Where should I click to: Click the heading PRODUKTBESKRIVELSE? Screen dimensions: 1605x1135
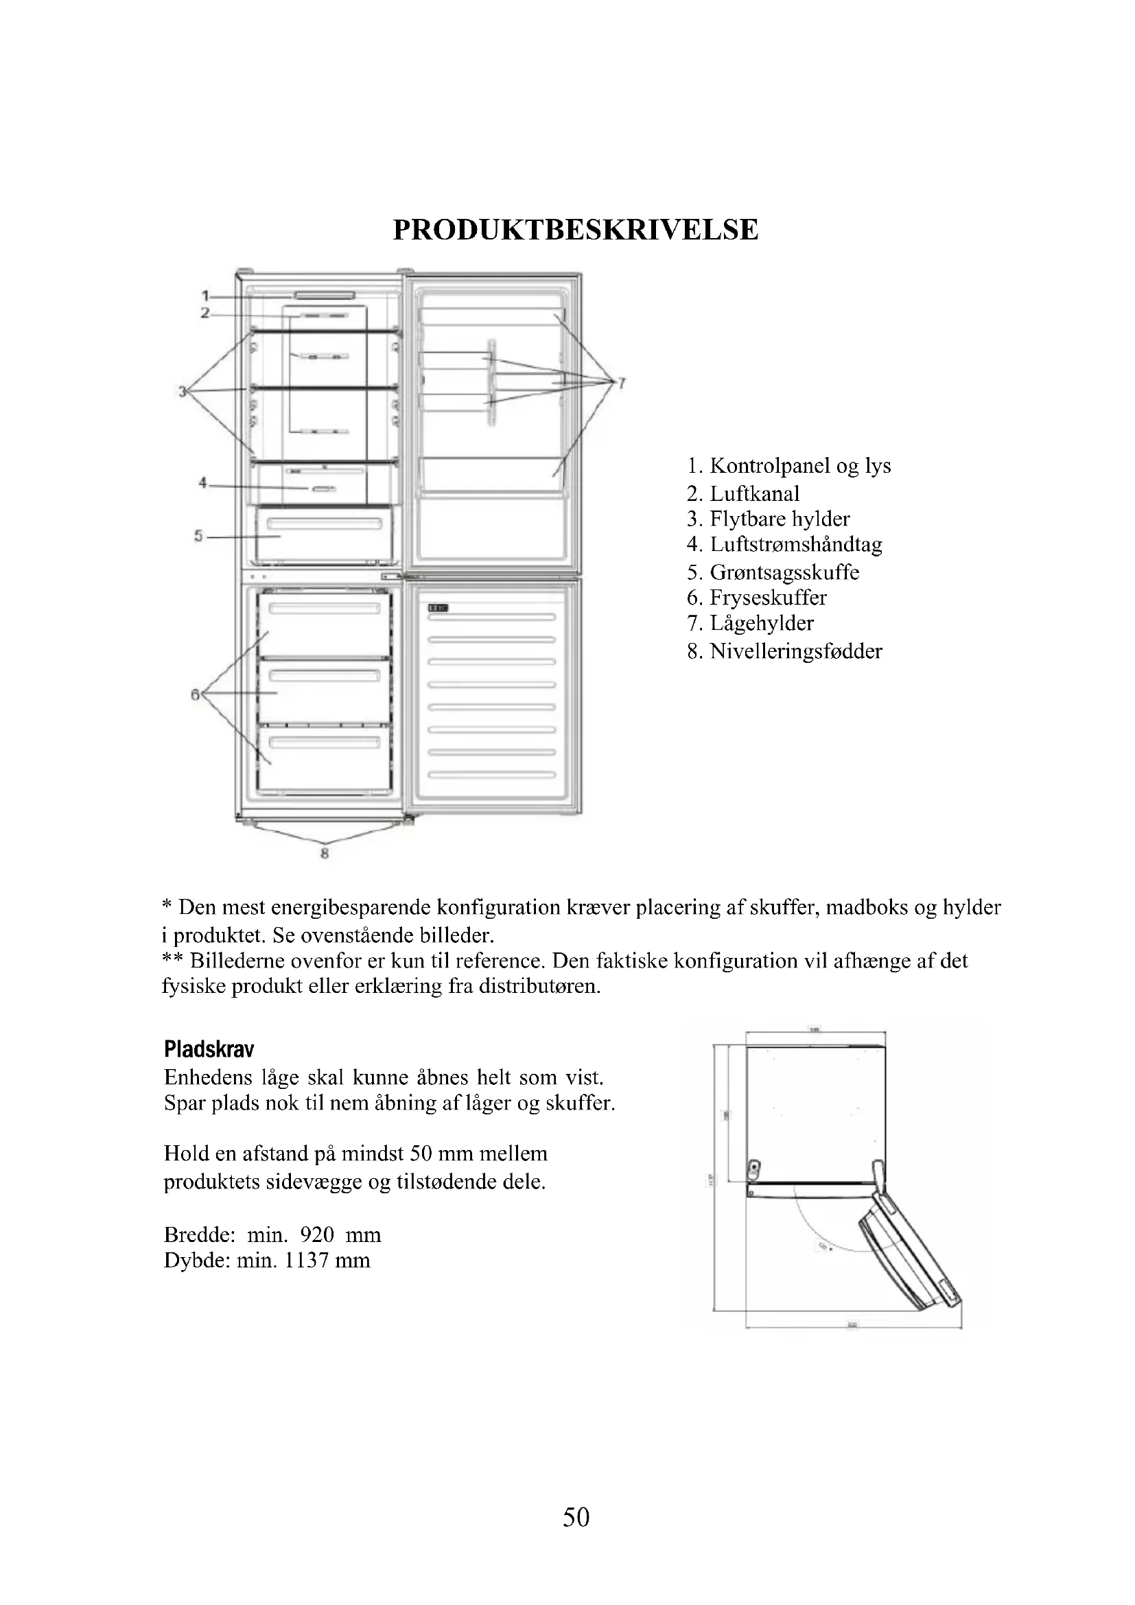point(575,230)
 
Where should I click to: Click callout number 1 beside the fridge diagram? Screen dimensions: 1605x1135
point(205,296)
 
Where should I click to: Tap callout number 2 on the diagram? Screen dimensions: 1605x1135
point(204,314)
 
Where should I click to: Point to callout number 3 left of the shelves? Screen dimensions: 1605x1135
point(183,391)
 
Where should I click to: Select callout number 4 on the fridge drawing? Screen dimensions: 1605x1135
point(202,483)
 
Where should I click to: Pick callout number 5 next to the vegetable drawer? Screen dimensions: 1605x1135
point(198,536)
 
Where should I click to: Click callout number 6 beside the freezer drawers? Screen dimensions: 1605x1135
point(195,694)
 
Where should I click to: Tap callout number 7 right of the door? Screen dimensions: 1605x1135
point(621,382)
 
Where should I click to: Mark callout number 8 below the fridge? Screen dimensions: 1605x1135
point(325,853)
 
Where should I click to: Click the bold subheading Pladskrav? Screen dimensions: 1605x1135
point(209,1049)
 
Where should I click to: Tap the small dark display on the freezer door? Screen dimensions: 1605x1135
point(438,608)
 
